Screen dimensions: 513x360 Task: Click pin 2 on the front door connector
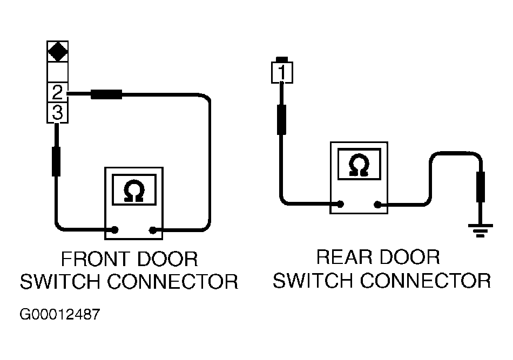[x=58, y=92]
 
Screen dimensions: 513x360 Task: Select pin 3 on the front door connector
[x=58, y=112]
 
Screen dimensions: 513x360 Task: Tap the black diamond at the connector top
[x=58, y=51]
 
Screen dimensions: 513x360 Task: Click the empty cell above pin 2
[x=58, y=72]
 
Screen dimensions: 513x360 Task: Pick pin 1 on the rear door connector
[x=282, y=72]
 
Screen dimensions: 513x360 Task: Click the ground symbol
[x=480, y=230]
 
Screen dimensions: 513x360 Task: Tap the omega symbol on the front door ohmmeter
[x=134, y=191]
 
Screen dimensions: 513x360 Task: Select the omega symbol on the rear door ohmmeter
[x=359, y=165]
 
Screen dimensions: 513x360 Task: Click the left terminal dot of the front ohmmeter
[x=115, y=230]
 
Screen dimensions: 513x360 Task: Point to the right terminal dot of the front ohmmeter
[x=152, y=230]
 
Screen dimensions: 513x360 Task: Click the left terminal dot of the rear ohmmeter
[x=340, y=205]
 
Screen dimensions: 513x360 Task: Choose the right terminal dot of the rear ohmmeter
[x=378, y=205]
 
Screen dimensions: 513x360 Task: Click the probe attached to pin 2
[x=106, y=94]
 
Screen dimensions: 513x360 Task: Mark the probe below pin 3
[x=56, y=161]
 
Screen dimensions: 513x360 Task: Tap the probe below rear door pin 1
[x=281, y=119]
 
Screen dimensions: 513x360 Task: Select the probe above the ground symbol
[x=481, y=186]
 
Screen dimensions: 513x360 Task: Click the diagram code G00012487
[x=59, y=315]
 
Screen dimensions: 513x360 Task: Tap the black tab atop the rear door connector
[x=282, y=59]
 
